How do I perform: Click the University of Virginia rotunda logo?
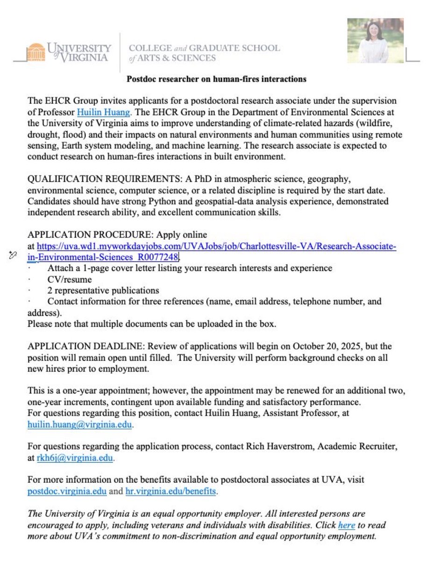[36, 52]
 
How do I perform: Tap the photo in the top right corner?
[375, 41]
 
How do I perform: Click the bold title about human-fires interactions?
[216, 79]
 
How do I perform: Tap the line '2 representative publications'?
[103, 290]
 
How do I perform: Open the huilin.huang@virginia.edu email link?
[80, 424]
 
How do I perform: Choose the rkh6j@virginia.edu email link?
[75, 458]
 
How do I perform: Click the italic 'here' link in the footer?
[347, 525]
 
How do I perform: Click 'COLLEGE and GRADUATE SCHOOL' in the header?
[204, 48]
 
